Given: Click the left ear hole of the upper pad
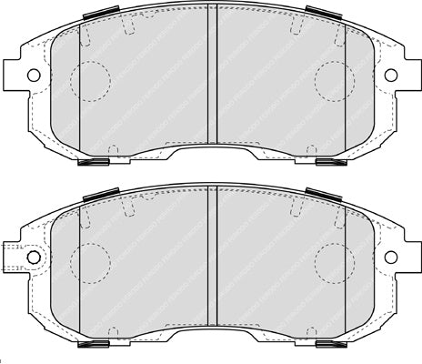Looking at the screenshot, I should [33, 74].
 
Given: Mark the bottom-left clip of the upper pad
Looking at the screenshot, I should [95, 164].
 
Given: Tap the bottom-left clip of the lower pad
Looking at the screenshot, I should [95, 346].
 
